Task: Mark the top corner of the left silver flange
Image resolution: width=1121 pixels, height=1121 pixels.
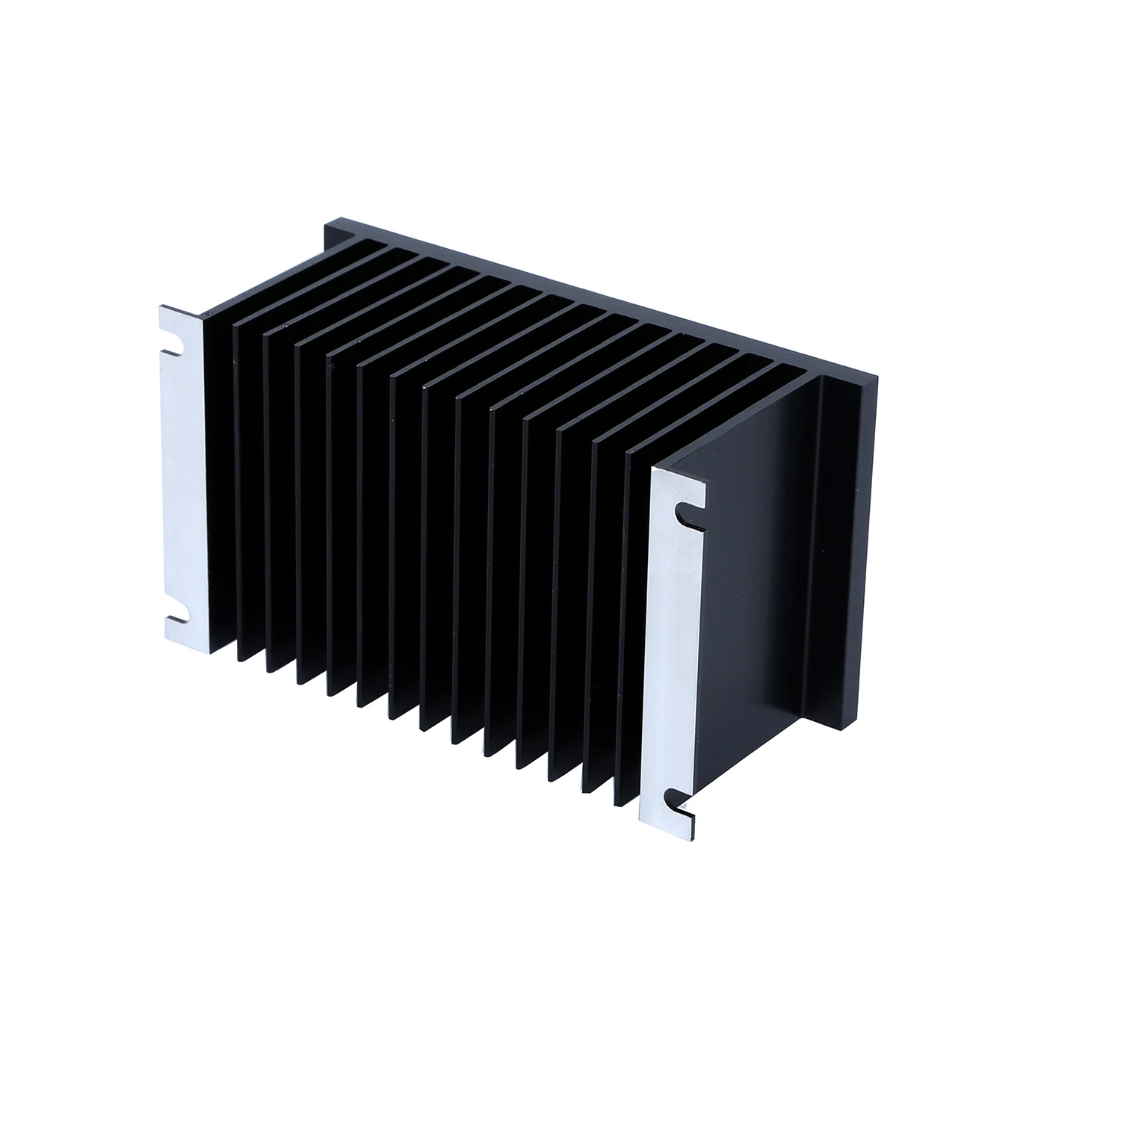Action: click(x=160, y=307)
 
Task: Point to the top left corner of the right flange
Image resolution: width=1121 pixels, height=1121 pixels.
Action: click(x=652, y=469)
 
